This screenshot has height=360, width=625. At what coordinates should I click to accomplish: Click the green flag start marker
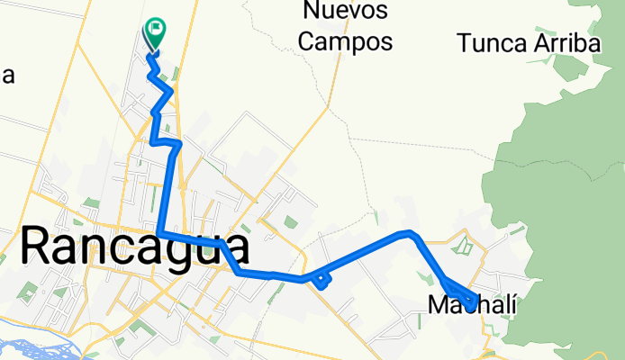tap(155, 32)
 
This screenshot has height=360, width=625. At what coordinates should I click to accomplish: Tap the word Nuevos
tap(346, 12)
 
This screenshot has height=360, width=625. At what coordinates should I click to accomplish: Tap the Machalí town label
tap(473, 305)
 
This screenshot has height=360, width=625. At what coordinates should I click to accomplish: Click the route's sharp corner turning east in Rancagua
tap(159, 234)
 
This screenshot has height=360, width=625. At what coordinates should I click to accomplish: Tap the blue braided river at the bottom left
tap(27, 347)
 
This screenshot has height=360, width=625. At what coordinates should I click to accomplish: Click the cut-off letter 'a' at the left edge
tap(7, 76)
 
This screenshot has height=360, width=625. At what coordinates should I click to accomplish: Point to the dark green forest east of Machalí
tap(576, 225)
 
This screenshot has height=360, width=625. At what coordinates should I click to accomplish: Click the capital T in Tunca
tap(465, 42)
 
